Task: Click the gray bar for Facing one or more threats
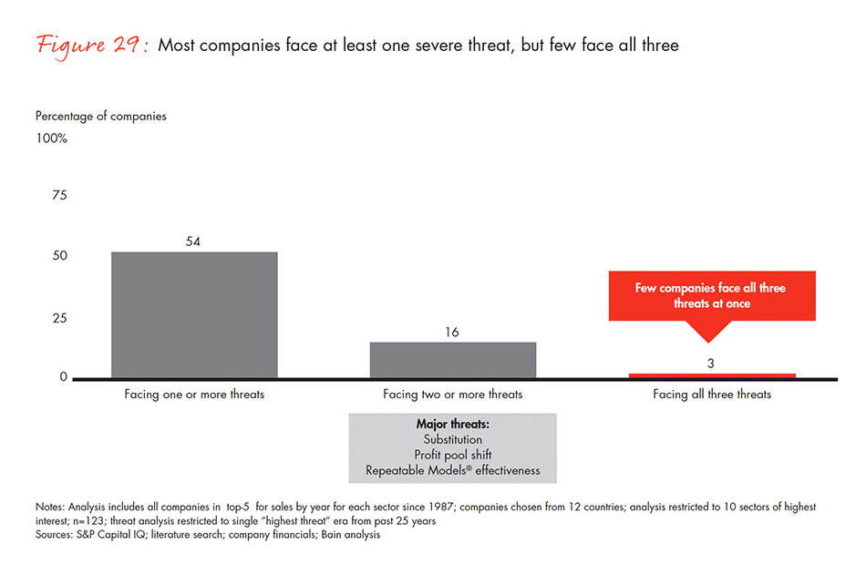pos(193,314)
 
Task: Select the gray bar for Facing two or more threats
pos(452,360)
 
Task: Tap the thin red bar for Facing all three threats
pos(711,375)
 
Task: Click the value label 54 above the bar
pos(193,241)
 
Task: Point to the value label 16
pos(452,332)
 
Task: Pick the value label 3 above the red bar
pos(712,363)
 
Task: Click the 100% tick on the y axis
pos(51,139)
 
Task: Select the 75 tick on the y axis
pos(60,195)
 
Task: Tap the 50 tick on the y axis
pos(60,256)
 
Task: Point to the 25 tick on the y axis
pos(60,318)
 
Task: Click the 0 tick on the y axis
pos(64,376)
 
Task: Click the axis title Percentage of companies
pos(101,116)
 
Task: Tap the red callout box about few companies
pos(711,295)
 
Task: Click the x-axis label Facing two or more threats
pos(452,395)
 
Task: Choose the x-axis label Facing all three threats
pos(711,395)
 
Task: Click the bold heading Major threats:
pos(452,424)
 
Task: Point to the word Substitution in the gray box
pos(452,439)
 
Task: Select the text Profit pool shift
pos(452,455)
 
